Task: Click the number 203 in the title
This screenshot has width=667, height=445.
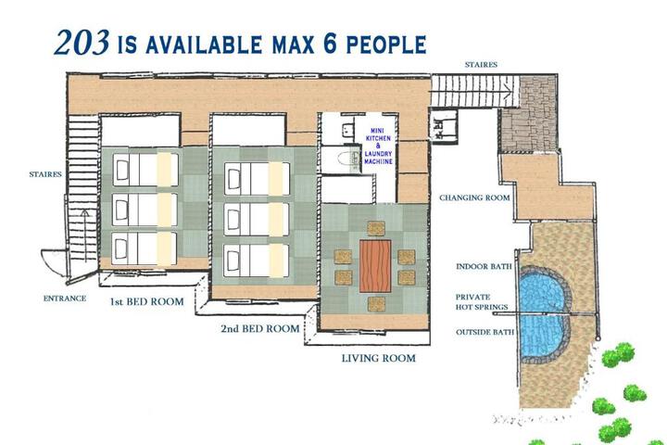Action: tap(83, 42)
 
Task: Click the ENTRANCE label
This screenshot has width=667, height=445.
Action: tap(65, 299)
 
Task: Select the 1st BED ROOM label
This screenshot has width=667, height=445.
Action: tap(146, 302)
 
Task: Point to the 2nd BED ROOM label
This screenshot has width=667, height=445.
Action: tap(260, 328)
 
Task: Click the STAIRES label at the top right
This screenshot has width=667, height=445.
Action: tap(481, 65)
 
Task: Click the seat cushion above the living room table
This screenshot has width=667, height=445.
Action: tap(374, 227)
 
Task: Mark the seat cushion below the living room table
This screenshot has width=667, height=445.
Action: tap(374, 301)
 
